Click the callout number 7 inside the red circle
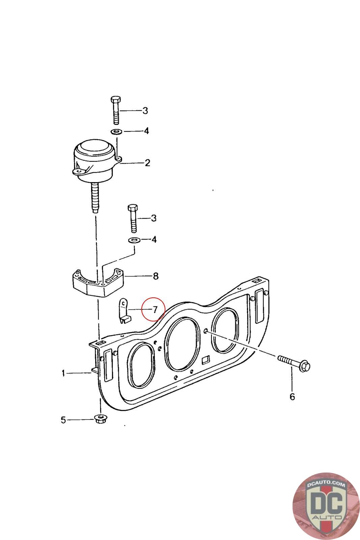(x=155, y=309)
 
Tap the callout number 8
(x=156, y=276)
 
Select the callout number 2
(x=147, y=163)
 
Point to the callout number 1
(x=63, y=373)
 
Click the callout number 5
(x=63, y=420)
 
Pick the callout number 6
(x=292, y=397)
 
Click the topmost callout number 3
(x=145, y=111)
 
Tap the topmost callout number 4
(x=146, y=131)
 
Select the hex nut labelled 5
(x=101, y=420)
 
